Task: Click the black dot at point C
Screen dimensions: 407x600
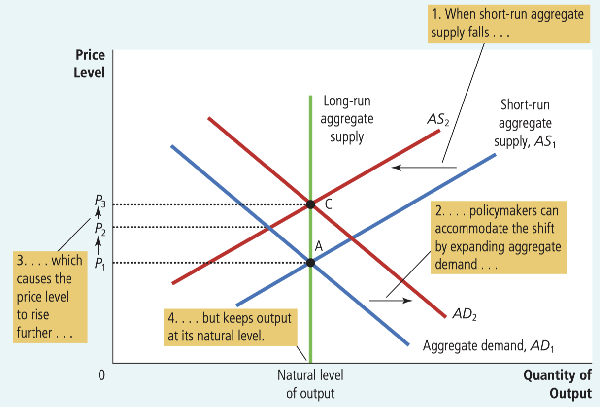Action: coord(310,204)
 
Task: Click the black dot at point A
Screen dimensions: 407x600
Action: coord(310,263)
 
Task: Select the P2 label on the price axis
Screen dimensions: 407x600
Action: coord(100,228)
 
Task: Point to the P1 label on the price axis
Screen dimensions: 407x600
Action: coord(100,263)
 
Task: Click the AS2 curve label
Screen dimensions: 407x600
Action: coord(438,119)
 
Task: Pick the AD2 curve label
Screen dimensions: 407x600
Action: coord(464,314)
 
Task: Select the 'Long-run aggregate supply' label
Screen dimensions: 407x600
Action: coord(347,119)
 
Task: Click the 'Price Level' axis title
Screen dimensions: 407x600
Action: coord(89,64)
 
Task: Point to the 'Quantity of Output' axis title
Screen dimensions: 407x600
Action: coord(557,384)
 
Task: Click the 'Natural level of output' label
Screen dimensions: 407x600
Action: coord(310,384)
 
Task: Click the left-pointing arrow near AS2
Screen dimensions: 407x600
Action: coord(424,168)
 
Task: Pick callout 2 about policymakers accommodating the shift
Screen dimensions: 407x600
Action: coord(499,237)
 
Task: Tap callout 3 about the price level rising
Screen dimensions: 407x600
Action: coord(50,297)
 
